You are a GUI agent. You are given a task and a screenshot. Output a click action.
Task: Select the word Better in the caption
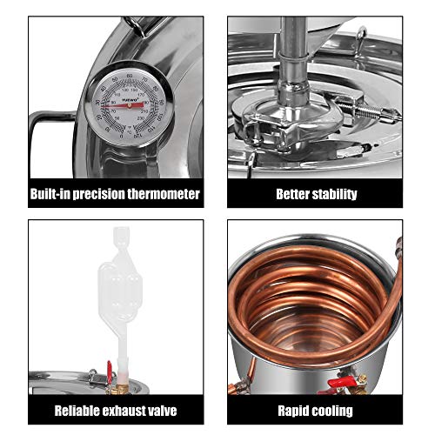294,194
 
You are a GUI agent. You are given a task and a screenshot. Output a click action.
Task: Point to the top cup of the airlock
116,238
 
